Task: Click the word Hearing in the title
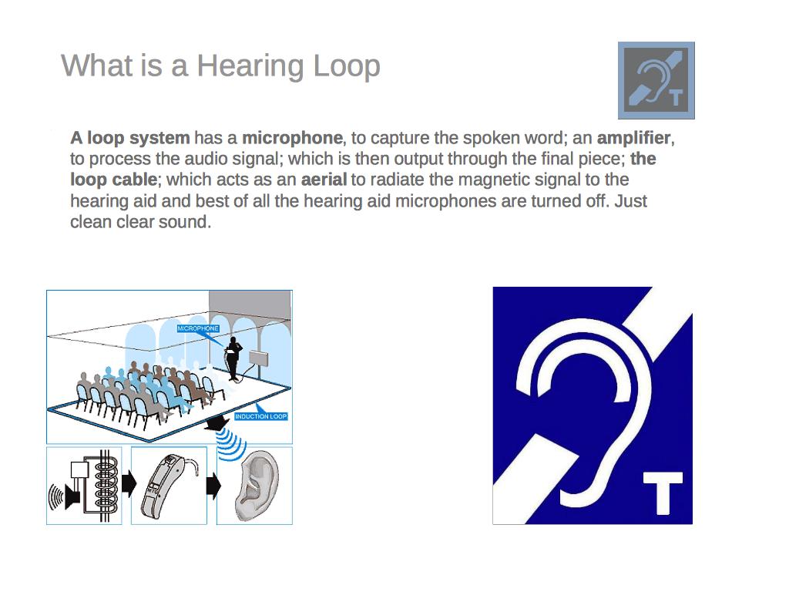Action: coord(250,67)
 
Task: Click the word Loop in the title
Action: coord(346,67)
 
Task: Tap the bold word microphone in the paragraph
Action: coord(292,138)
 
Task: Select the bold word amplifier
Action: coord(634,138)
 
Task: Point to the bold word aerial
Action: coord(324,180)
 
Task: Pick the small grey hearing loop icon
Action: coord(656,80)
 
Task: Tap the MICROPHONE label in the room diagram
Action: coord(198,328)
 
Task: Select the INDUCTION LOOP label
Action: coord(261,416)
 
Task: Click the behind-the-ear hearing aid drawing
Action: coord(166,486)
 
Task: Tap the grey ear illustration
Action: coord(256,486)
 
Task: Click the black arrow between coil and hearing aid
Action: coord(129,484)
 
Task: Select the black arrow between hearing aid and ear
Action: coord(213,486)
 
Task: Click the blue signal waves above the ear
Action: coord(231,444)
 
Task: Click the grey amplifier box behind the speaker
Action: coord(259,359)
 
